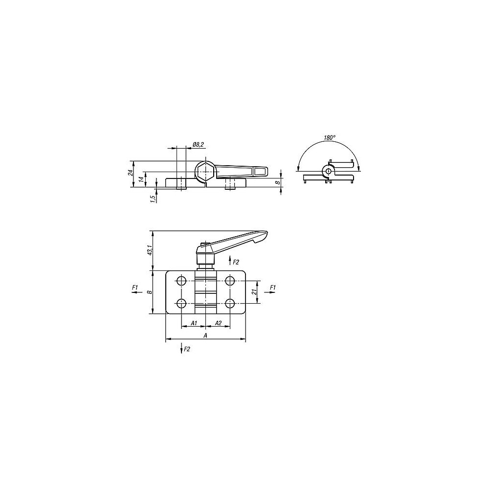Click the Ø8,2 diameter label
pos(199,144)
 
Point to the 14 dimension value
pos(141,179)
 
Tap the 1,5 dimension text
pos(153,199)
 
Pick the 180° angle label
pos(329,137)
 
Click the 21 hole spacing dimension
pos(254,291)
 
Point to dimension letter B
pos(150,292)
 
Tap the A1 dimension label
pos(194,323)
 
